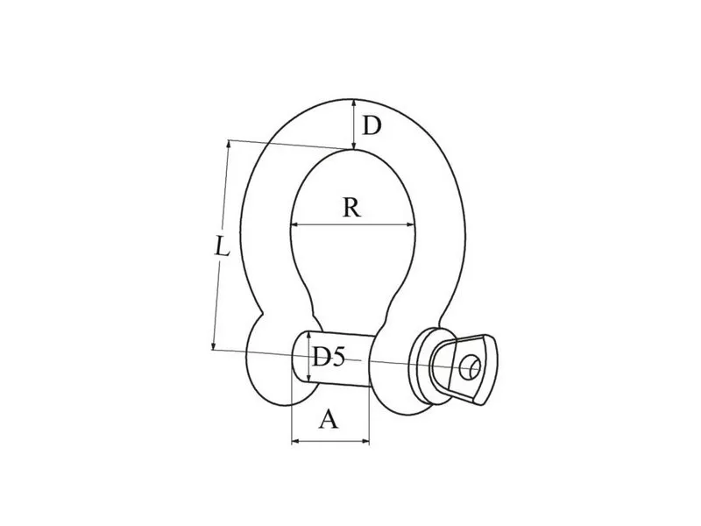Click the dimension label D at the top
(372, 125)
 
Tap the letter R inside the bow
(351, 208)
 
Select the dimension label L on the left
(222, 246)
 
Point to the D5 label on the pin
(328, 357)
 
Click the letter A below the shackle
(329, 420)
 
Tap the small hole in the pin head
(470, 367)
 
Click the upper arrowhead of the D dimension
(354, 103)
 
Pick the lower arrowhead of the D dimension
(354, 145)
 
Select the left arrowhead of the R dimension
(295, 224)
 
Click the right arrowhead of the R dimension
(410, 225)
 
